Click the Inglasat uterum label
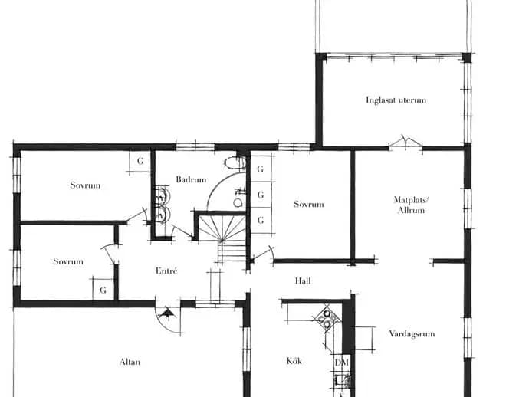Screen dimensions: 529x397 coord(396,100)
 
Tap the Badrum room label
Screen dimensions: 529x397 coord(191,179)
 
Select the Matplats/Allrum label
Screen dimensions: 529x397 coord(411,205)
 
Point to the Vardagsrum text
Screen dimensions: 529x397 coord(412,334)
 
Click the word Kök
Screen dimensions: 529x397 coord(294,361)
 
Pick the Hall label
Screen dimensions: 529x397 coord(303,281)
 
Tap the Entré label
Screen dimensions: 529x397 coord(166,271)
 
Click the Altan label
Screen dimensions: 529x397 coord(130,362)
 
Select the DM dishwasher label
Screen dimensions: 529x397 coord(341,363)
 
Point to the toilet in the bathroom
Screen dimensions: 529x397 coord(235,163)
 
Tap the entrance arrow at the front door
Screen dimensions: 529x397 coord(167,314)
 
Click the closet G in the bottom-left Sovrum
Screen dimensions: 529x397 coord(103,290)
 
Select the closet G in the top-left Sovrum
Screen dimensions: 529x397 coord(140,161)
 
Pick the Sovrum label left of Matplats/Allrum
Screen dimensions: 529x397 coord(309,204)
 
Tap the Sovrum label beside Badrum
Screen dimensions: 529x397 coord(85,185)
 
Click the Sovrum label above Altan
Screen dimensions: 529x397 coord(68,261)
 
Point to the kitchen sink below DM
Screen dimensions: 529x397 coord(342,381)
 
